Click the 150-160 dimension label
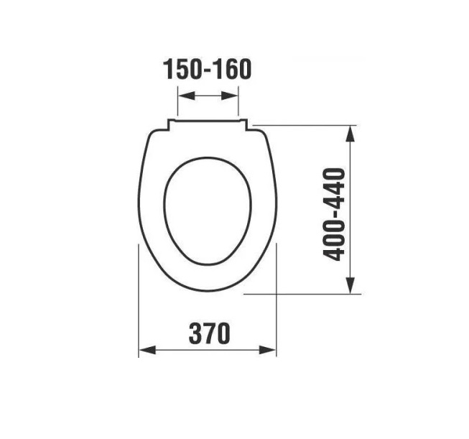tap(208, 70)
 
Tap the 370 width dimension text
tap(210, 333)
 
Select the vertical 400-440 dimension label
tap(335, 214)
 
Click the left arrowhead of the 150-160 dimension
tap(186, 96)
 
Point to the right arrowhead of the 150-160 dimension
tap(230, 96)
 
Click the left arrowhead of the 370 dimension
tap(147, 350)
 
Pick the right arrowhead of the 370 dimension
tap(267, 350)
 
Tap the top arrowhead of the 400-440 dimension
tap(350, 134)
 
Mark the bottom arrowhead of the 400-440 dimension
tap(350, 285)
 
